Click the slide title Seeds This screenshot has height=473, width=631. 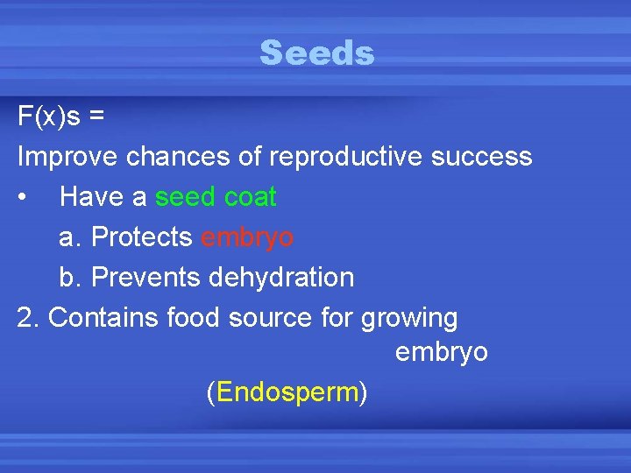pos(316,53)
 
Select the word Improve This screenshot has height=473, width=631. pos(68,157)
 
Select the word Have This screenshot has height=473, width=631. pos(92,197)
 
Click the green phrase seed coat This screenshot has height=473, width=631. pos(216,197)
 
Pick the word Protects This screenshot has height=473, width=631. pos(142,237)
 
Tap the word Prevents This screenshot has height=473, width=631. pos(147,278)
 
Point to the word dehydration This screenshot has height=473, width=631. pos(281,278)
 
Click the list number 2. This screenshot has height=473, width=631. pos(26,318)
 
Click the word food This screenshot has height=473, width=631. pos(200,318)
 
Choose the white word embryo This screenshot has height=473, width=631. pos(441,353)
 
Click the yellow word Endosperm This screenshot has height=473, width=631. pos(287,393)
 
